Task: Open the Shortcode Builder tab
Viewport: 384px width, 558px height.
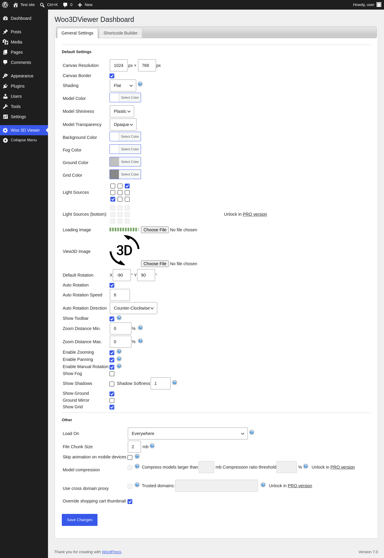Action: (120, 33)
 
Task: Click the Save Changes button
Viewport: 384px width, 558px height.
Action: (79, 520)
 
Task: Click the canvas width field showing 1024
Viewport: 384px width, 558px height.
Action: (119, 65)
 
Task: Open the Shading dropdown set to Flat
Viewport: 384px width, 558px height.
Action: (123, 85)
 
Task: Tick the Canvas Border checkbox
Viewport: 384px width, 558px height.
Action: (112, 76)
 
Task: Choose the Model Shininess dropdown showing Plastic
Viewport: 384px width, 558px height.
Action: (122, 111)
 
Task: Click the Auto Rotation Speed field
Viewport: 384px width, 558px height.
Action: (120, 295)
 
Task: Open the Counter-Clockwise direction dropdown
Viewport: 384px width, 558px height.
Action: (133, 308)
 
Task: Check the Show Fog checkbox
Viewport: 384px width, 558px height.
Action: (112, 374)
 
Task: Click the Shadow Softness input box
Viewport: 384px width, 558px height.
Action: (160, 383)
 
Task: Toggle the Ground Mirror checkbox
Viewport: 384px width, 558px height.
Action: (112, 400)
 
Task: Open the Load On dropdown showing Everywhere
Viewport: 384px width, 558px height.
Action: (188, 433)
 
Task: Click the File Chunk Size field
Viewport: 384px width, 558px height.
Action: (134, 447)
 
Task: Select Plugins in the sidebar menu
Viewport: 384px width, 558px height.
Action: (18, 86)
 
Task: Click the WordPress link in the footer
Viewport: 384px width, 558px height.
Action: (112, 552)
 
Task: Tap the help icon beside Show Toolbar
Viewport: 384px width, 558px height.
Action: (119, 318)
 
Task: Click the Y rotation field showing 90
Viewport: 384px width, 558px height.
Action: (146, 275)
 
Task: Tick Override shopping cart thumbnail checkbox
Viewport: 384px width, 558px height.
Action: (130, 502)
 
